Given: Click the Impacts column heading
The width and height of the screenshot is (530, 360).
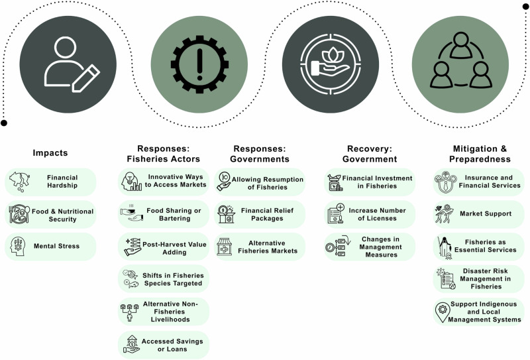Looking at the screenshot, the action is click(x=50, y=153).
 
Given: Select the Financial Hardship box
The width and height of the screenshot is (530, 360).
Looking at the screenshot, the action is click(x=51, y=182).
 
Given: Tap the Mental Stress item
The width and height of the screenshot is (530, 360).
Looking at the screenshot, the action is click(x=51, y=246).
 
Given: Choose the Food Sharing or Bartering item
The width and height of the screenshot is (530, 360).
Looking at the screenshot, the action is click(x=164, y=214).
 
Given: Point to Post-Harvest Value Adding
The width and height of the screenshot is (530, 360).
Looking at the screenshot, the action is click(x=164, y=246).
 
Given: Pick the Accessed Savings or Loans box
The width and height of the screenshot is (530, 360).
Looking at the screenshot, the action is click(x=164, y=344).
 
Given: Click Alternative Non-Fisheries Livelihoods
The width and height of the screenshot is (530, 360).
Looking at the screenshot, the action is click(x=164, y=311).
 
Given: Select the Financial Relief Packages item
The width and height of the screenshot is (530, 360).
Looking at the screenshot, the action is click(x=260, y=214).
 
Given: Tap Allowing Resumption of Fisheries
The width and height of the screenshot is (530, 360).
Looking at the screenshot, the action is click(x=260, y=182).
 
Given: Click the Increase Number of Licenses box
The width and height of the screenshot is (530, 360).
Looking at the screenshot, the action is click(x=371, y=214).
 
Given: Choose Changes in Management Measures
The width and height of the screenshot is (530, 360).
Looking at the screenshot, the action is click(x=371, y=246).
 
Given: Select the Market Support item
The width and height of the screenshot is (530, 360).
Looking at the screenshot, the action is click(x=478, y=214).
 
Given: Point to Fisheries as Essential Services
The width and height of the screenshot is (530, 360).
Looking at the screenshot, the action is click(x=478, y=246).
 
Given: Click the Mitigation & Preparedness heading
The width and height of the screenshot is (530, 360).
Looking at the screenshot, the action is click(x=478, y=154).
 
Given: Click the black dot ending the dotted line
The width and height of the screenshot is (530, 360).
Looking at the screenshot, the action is click(x=4, y=123).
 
